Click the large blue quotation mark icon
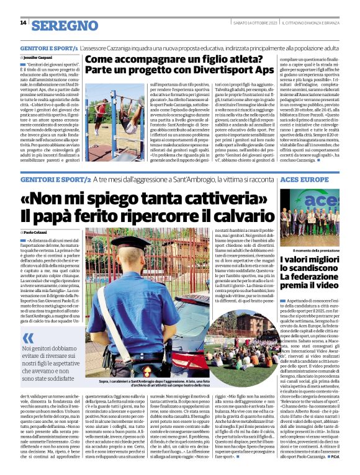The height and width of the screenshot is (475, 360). pos(30,339)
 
